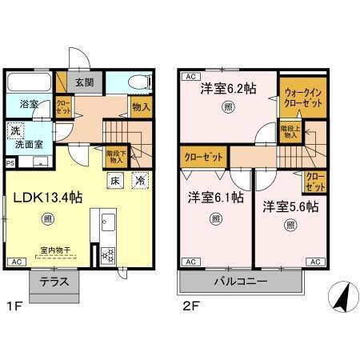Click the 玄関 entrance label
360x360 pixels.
(x=85, y=82)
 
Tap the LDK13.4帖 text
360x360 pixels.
(x=46, y=198)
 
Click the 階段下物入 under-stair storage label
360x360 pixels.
(x=114, y=154)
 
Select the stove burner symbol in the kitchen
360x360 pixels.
(x=106, y=255)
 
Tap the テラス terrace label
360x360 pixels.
(x=54, y=282)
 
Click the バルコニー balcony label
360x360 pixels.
(x=240, y=282)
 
